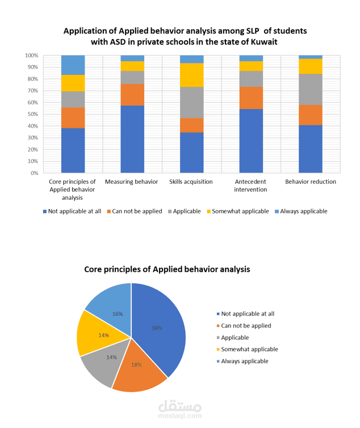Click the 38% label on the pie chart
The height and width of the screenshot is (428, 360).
pyautogui.click(x=157, y=328)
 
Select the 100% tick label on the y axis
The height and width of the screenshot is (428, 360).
pyautogui.click(x=31, y=56)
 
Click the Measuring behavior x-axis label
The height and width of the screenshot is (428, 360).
pyautogui.click(x=132, y=182)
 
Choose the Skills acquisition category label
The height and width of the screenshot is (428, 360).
pyautogui.click(x=191, y=182)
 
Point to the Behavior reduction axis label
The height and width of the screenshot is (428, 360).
pyautogui.click(x=310, y=182)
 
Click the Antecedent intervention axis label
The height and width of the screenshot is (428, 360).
pyautogui.click(x=251, y=186)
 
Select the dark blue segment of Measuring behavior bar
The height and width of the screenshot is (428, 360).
pyautogui.click(x=132, y=139)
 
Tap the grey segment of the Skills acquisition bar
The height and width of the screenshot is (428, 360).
pyautogui.click(x=192, y=102)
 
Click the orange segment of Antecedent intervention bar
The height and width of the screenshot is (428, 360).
pyautogui.click(x=251, y=98)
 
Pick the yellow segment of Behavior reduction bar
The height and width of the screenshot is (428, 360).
pyautogui.click(x=311, y=66)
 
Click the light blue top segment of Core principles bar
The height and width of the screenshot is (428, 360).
pyautogui.click(x=73, y=65)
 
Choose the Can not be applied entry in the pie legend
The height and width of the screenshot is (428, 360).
pyautogui.click(x=246, y=326)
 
